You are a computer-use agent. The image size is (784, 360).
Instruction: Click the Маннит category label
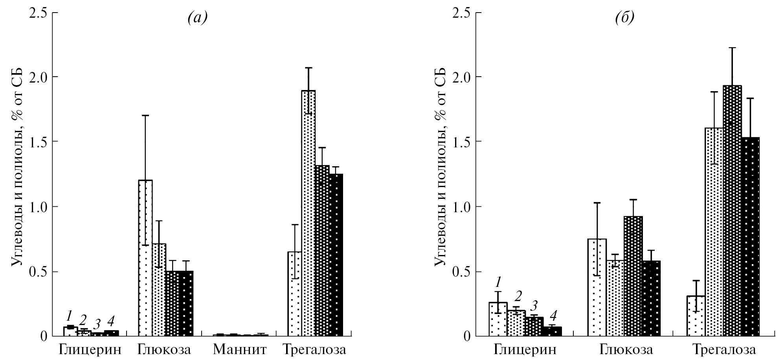click(240, 349)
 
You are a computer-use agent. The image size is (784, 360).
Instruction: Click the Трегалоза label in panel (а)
click(316, 349)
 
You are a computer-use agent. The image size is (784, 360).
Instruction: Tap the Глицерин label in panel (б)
click(525, 349)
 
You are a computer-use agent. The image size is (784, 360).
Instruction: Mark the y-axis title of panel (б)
click(441, 167)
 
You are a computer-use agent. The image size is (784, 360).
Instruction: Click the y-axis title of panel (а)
click(16, 167)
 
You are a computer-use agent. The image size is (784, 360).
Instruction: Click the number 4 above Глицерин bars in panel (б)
click(553, 315)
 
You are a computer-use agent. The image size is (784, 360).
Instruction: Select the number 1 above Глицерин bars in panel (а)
click(70, 316)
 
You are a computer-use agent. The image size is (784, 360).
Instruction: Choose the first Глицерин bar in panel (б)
click(498, 319)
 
